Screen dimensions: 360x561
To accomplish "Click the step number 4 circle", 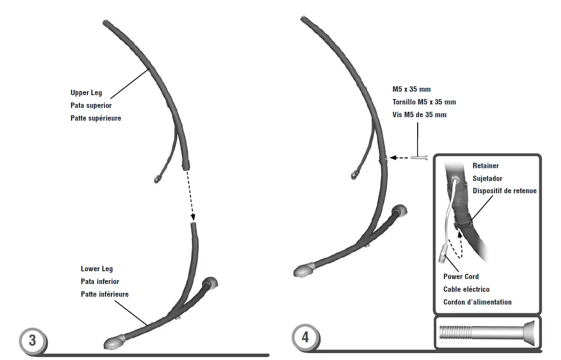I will coord(305,337).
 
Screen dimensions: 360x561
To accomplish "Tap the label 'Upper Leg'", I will coord(87,93).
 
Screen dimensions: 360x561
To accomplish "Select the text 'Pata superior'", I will coord(91,105).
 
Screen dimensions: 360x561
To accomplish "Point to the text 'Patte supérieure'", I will coord(96,118).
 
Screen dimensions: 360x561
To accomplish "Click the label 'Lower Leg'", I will coord(97,269).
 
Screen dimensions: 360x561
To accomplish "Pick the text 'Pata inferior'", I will coord(100,282).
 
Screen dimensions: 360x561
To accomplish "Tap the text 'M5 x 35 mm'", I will coord(411,89).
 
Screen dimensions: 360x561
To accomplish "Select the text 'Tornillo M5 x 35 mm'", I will coord(424,102).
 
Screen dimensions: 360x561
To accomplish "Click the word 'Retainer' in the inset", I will coord(486,166).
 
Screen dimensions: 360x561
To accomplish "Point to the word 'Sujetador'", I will coord(487,179).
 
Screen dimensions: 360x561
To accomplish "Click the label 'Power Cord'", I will coord(461,277).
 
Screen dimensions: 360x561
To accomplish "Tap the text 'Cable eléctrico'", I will coord(466,289).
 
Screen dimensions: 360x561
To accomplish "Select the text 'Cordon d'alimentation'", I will coord(477,302).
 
